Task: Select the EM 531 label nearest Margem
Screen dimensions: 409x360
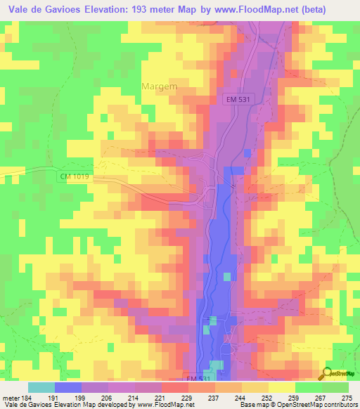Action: pyautogui.click(x=238, y=100)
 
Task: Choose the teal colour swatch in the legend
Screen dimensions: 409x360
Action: pyautogui.click(x=41, y=388)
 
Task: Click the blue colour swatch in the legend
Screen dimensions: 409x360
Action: pyautogui.click(x=68, y=388)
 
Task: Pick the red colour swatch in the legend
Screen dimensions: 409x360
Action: pyautogui.click(x=175, y=388)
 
